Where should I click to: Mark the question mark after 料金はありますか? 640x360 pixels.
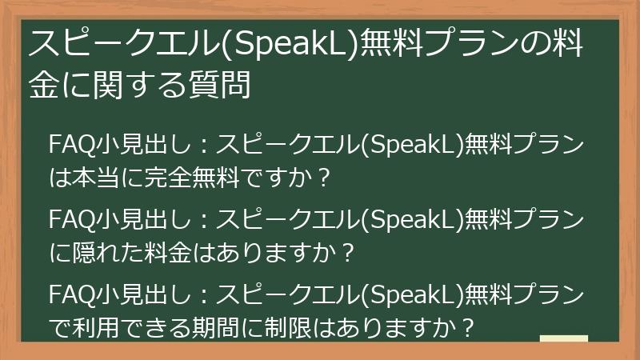coord(346,253)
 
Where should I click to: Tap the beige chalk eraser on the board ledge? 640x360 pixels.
coord(563,338)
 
